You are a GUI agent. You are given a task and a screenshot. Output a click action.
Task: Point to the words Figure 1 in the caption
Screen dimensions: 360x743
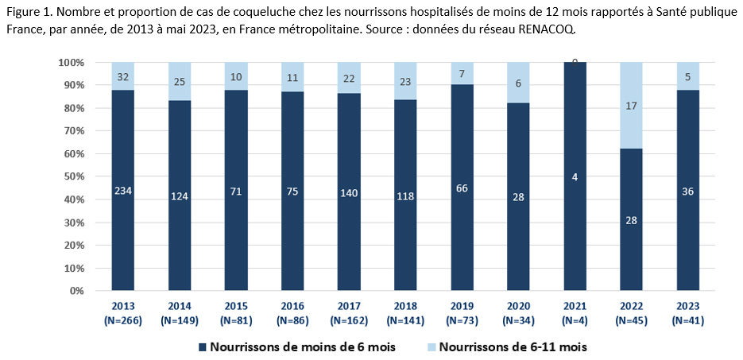point(29,11)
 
